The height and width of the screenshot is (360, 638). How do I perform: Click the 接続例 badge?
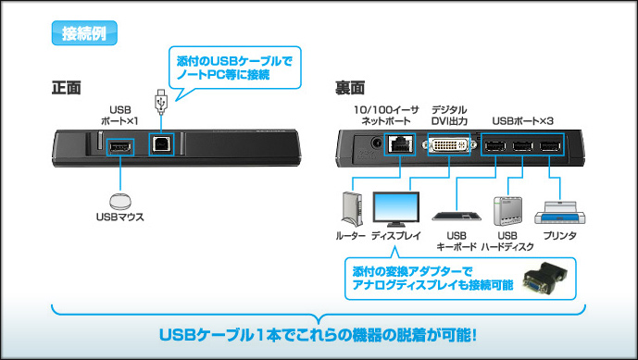84,33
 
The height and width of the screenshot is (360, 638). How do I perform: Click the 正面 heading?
67,88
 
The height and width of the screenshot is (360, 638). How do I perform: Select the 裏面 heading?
350,88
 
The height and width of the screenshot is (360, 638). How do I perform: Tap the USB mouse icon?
120,202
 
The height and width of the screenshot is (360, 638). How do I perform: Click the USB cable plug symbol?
161,101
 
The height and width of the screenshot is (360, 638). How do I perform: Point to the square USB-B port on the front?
161,144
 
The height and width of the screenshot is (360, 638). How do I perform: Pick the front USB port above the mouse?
120,146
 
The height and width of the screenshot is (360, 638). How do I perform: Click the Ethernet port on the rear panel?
400,144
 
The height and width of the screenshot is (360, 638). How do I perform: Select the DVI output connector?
449,144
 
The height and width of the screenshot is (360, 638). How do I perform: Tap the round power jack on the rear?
376,143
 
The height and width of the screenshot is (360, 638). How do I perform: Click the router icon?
352,209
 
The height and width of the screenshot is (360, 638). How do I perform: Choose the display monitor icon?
396,209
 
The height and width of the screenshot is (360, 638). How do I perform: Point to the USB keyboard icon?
457,216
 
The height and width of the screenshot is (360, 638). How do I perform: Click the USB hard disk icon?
507,211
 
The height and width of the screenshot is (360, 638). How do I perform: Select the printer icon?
560,212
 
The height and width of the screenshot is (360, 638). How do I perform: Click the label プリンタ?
560,235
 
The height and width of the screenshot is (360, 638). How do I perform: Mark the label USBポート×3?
523,121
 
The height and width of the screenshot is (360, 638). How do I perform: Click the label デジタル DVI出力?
449,115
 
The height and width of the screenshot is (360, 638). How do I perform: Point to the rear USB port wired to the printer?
550,146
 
